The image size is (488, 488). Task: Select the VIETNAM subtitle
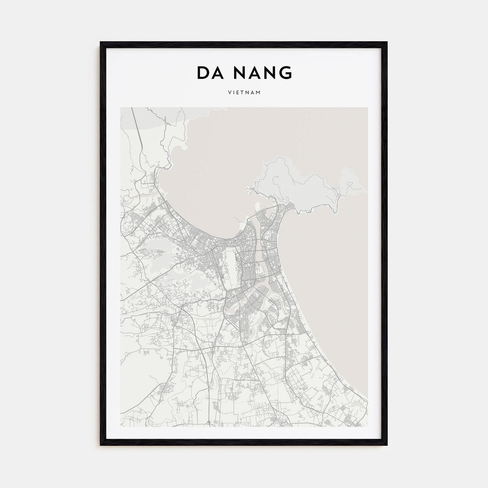(x=244, y=93)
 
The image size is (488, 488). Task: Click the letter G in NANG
(x=285, y=73)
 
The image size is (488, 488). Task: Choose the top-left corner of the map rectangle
(x=121, y=107)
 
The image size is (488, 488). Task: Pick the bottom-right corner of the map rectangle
(x=367, y=426)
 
